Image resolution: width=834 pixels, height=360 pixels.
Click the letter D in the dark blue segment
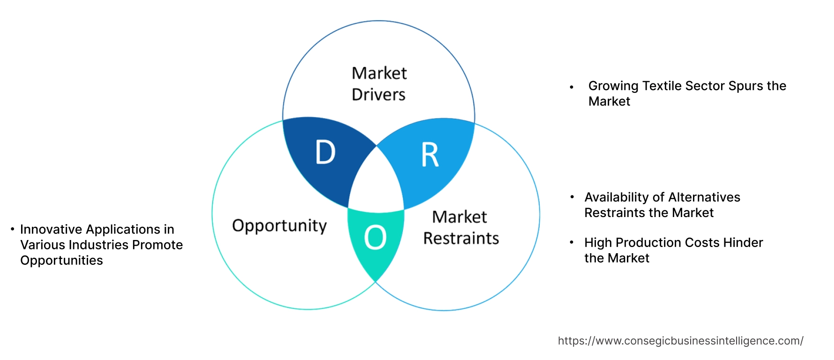tap(326, 152)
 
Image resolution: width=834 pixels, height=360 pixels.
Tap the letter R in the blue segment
tap(430, 155)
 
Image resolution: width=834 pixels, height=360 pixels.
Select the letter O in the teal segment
tap(375, 237)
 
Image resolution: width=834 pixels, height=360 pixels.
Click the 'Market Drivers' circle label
tap(379, 84)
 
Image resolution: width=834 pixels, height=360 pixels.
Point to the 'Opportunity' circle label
tap(279, 226)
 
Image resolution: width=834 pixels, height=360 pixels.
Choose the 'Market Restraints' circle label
tap(461, 228)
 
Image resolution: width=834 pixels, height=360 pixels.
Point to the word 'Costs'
tap(702, 243)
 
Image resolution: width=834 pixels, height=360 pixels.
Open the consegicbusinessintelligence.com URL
tap(680, 341)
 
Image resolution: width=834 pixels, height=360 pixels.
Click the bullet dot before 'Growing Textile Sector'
tap(572, 87)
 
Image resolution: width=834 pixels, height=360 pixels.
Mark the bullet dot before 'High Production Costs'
tap(572, 242)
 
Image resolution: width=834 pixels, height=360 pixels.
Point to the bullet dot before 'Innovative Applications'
tap(13, 229)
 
